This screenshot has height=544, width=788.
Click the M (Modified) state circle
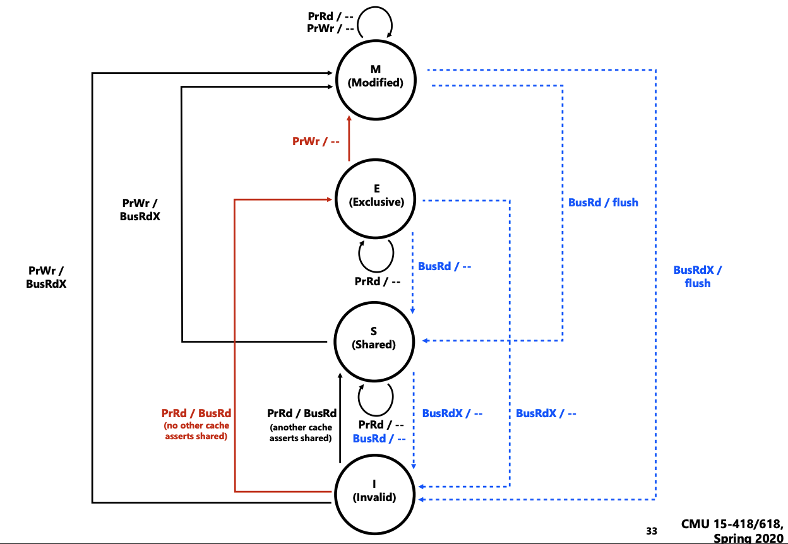coord(376,76)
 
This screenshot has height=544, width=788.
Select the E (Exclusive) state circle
coord(376,195)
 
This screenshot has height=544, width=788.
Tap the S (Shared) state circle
coord(373,338)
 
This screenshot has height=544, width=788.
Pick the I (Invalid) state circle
coord(374,490)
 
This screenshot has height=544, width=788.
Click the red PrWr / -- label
coord(316,141)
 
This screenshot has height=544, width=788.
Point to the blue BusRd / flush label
coord(603,203)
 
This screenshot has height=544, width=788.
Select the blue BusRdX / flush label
coord(697,276)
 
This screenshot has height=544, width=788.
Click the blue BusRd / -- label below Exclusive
coord(445,266)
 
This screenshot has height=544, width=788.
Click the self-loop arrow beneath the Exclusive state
coord(376,254)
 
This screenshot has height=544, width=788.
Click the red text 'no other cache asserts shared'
coord(196,431)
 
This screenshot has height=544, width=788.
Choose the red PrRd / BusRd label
coord(196,413)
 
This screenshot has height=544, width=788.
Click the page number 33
coord(652,531)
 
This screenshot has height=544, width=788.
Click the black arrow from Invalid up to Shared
coord(340,420)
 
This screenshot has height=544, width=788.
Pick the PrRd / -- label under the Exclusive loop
coord(378,281)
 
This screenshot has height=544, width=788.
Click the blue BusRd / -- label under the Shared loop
coord(379,439)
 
